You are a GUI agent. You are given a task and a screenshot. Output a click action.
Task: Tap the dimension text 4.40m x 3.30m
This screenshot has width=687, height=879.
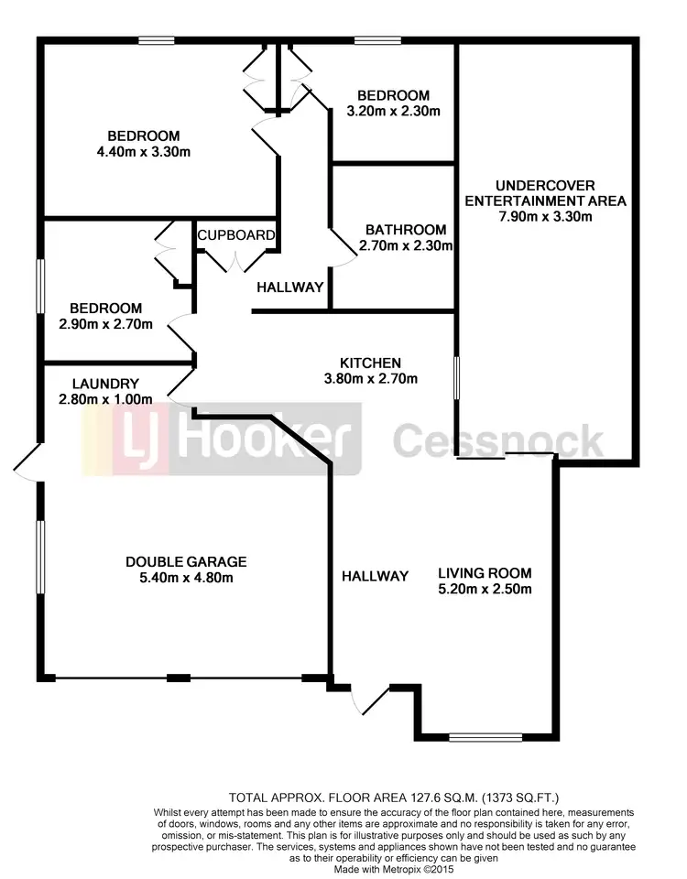pos(142,152)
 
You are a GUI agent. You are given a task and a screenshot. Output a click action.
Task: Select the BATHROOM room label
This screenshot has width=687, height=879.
pos(406,230)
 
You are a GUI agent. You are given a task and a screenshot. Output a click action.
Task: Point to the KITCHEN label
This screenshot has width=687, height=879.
pos(370,363)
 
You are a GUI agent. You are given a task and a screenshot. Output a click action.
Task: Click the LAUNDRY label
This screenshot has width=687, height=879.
pos(108,384)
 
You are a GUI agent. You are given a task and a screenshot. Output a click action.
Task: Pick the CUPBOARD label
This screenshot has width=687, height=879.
pos(236,235)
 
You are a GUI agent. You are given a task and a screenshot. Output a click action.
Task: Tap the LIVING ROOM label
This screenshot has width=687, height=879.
pos(485,573)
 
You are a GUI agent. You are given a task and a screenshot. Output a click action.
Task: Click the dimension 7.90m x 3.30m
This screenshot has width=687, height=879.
pos(545,217)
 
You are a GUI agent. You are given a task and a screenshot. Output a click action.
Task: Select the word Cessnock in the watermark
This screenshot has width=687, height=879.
pos(499,441)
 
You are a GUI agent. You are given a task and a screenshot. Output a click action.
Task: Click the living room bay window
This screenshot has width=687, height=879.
pos(485,736)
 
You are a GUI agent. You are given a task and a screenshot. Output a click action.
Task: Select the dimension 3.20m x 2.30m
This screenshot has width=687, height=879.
pos(393,112)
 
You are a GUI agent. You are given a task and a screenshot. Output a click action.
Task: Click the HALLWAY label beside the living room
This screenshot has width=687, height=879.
pos(375,576)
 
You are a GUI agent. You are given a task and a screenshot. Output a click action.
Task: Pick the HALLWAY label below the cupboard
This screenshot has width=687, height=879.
pos(290,288)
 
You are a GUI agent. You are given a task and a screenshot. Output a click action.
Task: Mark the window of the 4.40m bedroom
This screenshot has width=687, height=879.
pos(157,39)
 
